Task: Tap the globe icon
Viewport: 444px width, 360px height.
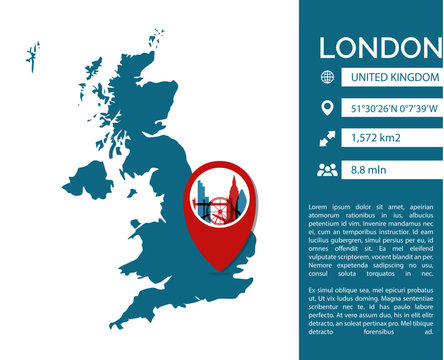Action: point(326,77)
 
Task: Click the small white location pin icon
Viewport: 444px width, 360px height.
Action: point(326,108)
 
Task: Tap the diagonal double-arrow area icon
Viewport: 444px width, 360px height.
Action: point(326,139)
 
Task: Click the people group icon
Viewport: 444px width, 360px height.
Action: point(327,170)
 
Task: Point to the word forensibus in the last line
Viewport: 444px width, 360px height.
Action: point(381,334)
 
